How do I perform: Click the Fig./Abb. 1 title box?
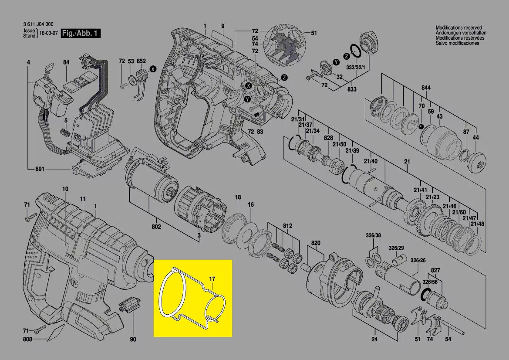pos(81,33)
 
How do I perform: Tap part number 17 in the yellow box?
pos(212,279)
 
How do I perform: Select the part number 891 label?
pos(40,169)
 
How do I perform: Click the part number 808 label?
pos(27,340)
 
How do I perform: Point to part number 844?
pos(426,88)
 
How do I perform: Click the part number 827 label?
pos(435,270)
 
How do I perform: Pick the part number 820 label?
pos(316,243)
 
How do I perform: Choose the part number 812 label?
pos(288,225)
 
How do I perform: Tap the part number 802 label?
pos(156,227)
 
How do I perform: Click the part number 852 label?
pos(141,61)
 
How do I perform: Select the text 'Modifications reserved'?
pos(458,28)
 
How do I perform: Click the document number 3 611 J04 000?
pos(38,24)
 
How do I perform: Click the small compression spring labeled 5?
pos(65,133)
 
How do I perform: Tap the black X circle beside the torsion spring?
pos(152,69)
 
